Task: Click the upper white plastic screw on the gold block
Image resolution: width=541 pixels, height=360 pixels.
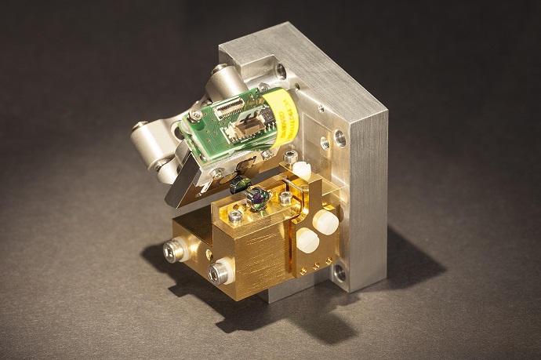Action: (325, 222)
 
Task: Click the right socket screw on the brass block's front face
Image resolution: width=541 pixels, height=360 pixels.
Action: (218, 273)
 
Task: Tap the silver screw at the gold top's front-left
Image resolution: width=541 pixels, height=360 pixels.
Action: (235, 216)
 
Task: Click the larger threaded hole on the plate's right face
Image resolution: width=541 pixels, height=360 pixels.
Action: (339, 138)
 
